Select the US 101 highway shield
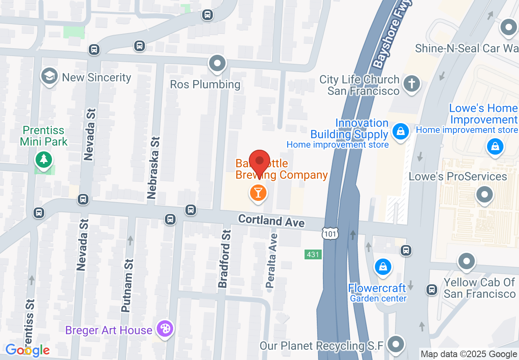click(330, 233)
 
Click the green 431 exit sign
click(313, 254)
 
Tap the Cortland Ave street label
click(271, 220)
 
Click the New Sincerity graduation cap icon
click(50, 76)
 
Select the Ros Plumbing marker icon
click(217, 64)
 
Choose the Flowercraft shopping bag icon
click(383, 267)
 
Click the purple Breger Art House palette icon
click(165, 329)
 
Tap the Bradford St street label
click(225, 259)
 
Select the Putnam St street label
click(128, 286)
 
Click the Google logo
click(27, 350)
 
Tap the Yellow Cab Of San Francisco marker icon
click(466, 261)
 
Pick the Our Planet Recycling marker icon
click(396, 343)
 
